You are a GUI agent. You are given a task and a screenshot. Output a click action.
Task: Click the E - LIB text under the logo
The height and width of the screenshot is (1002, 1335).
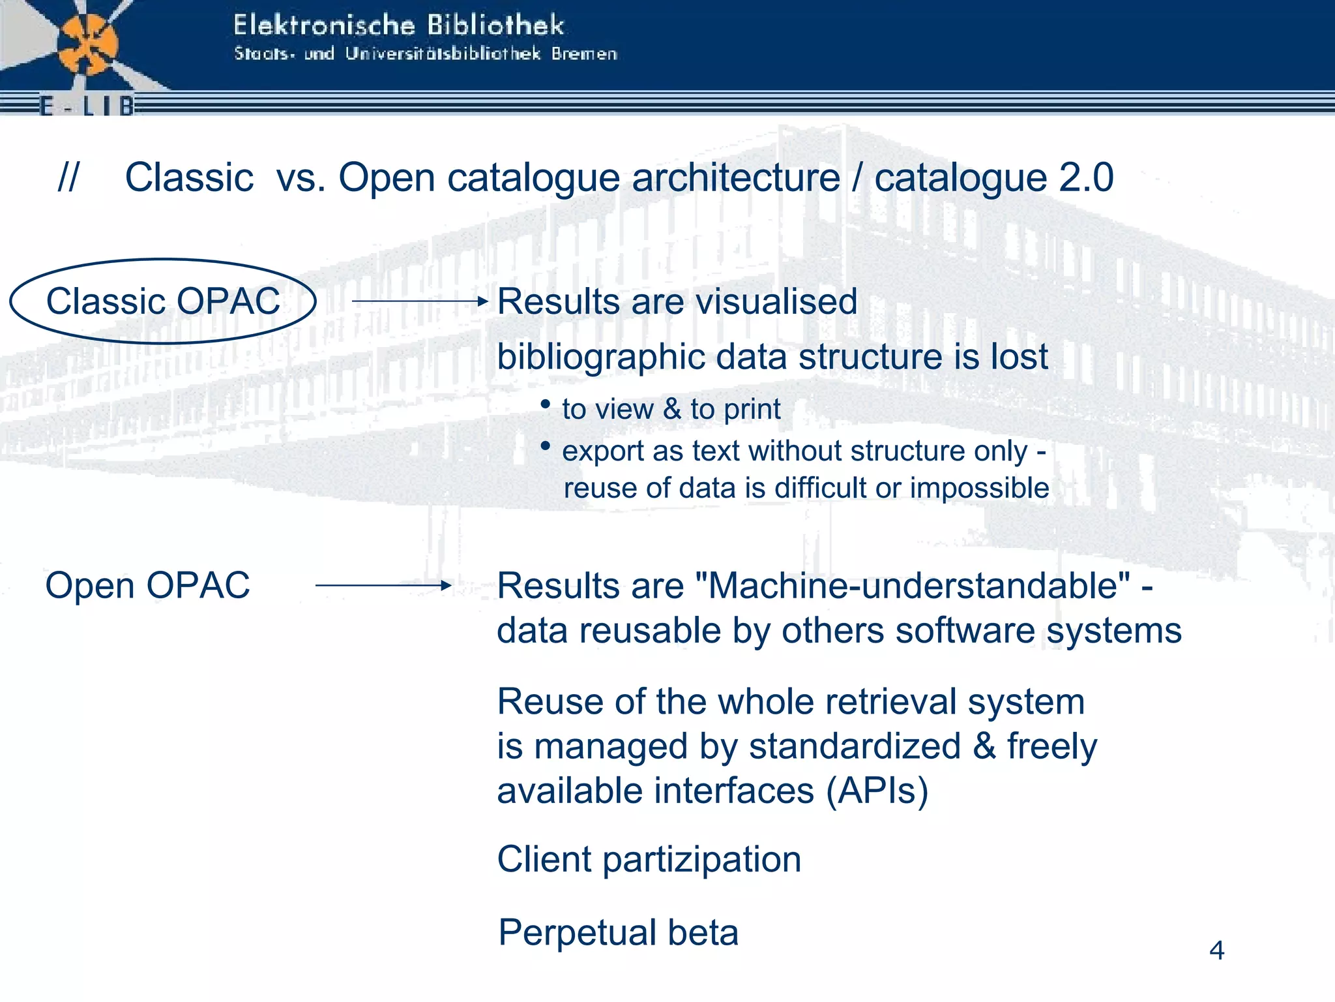[x=87, y=106]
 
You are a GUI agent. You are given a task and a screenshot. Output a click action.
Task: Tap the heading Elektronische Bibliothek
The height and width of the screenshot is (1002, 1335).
[x=398, y=26]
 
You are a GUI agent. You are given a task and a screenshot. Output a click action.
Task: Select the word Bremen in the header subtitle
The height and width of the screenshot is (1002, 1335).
[x=584, y=54]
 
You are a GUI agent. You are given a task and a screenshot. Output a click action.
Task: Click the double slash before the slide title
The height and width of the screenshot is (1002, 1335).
[x=68, y=177]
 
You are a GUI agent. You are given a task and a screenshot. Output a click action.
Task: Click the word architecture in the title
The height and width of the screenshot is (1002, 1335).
[x=736, y=177]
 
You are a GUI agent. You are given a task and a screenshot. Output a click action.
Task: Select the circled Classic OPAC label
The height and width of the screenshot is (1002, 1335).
[x=163, y=301]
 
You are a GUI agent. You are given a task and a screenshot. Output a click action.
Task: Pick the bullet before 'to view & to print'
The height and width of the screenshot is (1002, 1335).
[x=546, y=404]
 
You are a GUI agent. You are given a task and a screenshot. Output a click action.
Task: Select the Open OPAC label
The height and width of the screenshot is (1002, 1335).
[x=147, y=585]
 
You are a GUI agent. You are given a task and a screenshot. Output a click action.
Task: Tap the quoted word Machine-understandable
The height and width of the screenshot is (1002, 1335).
[x=913, y=585]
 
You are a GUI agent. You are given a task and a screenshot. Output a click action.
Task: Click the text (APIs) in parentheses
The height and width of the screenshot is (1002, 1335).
[x=877, y=791]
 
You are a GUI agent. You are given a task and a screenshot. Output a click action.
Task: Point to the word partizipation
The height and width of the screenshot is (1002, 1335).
[x=702, y=859]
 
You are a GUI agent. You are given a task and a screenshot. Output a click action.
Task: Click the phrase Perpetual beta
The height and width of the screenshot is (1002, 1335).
[x=618, y=932]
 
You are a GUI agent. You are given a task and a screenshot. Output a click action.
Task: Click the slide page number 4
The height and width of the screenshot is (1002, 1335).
[x=1216, y=950]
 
